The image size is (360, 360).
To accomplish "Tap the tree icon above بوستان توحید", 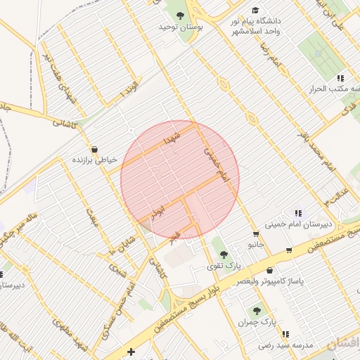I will tap(180, 15).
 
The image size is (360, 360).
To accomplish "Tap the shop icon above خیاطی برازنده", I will tap(94, 148).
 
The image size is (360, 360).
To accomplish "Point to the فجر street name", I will tap(174, 236).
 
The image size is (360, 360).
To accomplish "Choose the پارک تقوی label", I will tap(224, 267).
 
